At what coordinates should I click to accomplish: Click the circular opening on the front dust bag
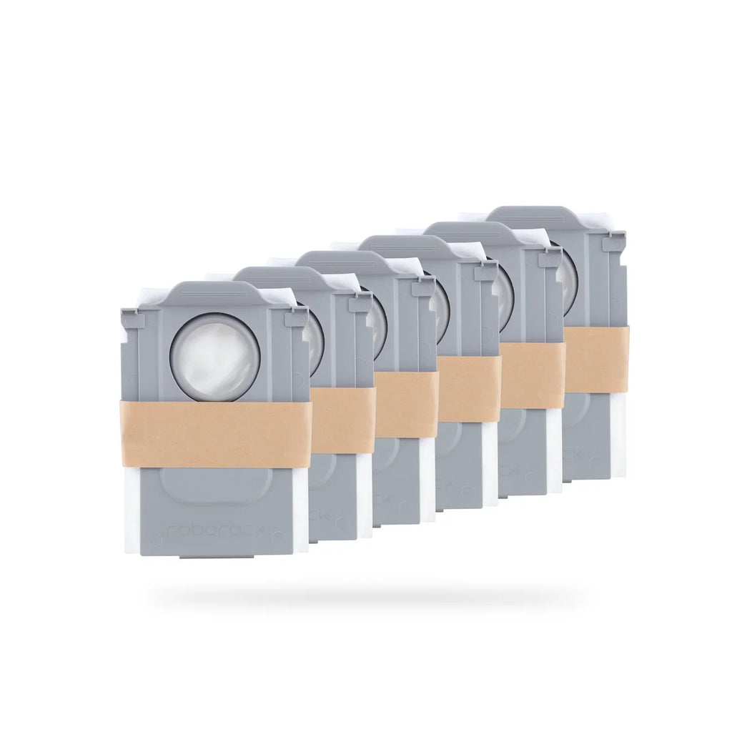[x=214, y=355]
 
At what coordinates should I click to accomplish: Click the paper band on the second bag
[x=343, y=420]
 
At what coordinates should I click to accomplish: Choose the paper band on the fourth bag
[x=469, y=389]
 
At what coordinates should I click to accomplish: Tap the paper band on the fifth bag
[x=533, y=375]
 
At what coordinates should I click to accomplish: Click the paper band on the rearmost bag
[x=595, y=359]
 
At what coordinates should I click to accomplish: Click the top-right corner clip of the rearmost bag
[x=613, y=244]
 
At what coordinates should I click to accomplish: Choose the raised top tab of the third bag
[x=343, y=260]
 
